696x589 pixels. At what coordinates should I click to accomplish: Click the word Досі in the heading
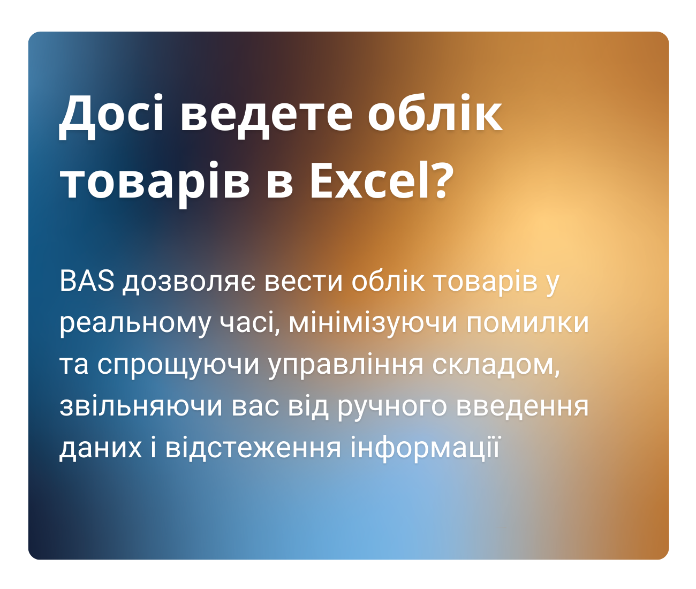coord(111,114)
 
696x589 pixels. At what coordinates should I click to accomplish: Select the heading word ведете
coord(266,114)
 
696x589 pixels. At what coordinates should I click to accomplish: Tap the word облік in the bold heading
coord(435,114)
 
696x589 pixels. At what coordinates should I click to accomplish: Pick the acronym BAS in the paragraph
coord(87,282)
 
